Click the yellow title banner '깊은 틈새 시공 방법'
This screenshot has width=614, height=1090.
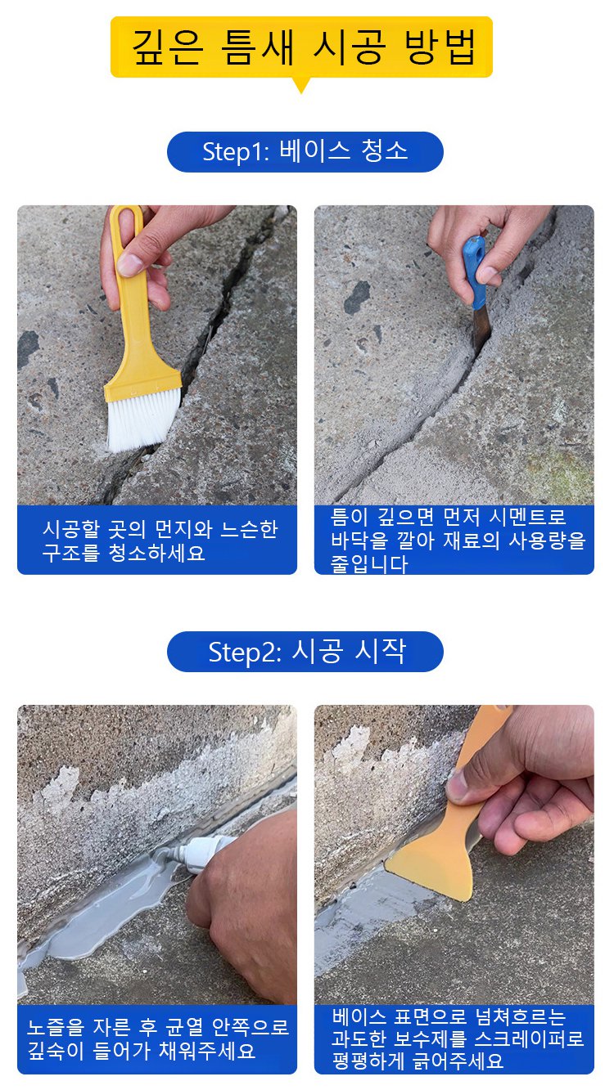click(x=301, y=47)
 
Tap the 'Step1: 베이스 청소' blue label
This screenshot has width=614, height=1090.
click(x=305, y=151)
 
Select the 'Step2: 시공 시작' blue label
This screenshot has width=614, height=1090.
click(x=305, y=652)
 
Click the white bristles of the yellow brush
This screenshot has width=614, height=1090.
click(x=142, y=419)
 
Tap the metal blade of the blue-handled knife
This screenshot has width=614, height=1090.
click(x=481, y=330)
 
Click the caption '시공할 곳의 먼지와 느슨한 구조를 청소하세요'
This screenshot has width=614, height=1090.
click(x=160, y=541)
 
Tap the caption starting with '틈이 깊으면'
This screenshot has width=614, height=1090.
click(x=458, y=541)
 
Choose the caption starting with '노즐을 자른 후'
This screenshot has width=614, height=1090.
click(x=158, y=1038)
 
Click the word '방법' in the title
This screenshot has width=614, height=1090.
click(x=440, y=47)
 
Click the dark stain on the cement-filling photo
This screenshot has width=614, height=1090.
click(x=357, y=296)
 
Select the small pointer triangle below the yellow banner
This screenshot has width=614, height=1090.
click(x=301, y=85)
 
